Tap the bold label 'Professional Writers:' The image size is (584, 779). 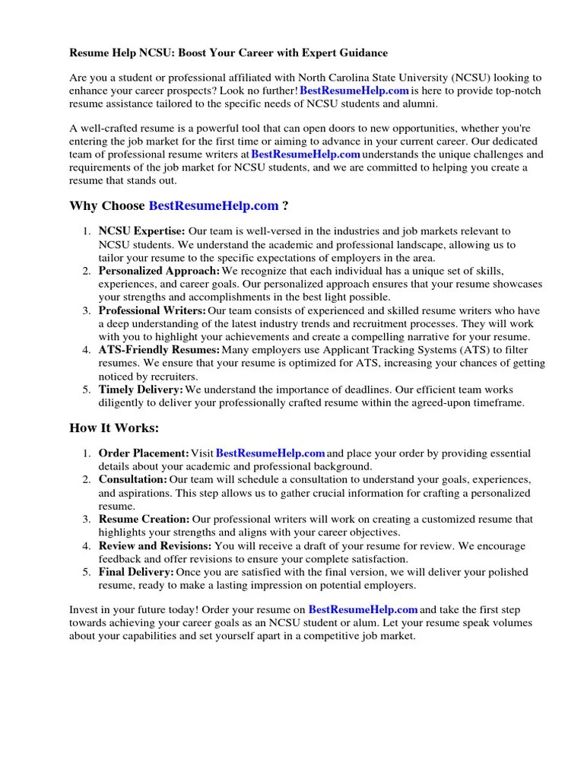pyautogui.click(x=152, y=310)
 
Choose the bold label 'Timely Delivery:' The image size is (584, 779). pyautogui.click(x=141, y=389)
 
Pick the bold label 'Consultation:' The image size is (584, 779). pyautogui.click(x=132, y=480)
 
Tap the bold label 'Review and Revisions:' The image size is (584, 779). pyautogui.click(x=155, y=546)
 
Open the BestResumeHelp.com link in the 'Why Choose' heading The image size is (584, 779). pyautogui.click(x=214, y=205)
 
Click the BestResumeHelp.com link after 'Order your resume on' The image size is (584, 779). pyautogui.click(x=363, y=609)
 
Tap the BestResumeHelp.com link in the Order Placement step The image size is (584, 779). pyautogui.click(x=271, y=453)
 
